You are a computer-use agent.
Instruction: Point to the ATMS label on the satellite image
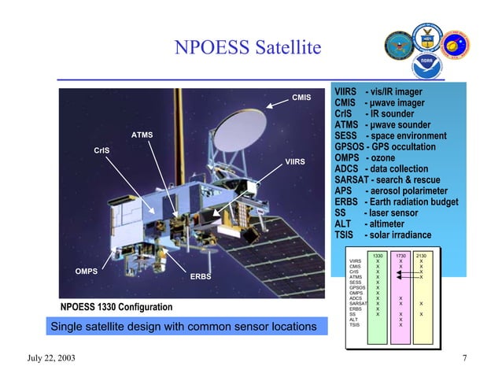(142, 135)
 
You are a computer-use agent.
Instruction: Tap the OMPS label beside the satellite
(86, 271)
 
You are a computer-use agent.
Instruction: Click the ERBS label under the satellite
(201, 276)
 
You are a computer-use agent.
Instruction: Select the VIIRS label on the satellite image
(294, 161)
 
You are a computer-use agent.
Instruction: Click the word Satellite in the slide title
(282, 49)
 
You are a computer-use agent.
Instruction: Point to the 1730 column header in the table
(400, 256)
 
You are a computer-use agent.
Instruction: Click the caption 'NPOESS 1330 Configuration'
(117, 306)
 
